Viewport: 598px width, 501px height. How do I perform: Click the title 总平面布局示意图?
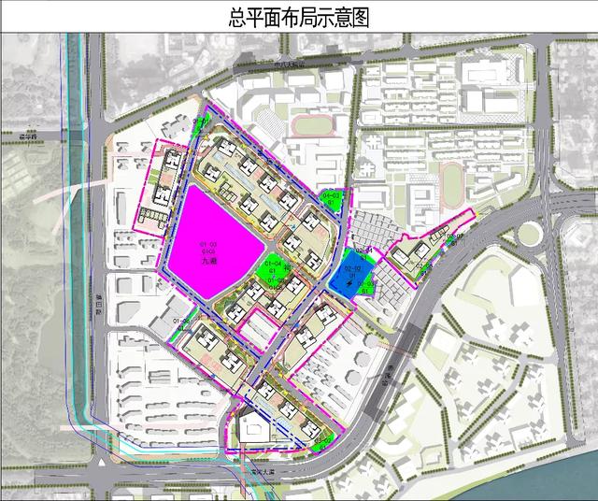tap(299, 16)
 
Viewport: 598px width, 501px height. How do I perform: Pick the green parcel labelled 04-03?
tap(331, 198)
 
